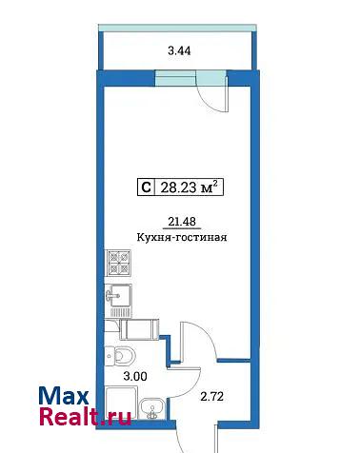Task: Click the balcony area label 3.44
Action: [179, 50]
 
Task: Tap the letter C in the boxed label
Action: [146, 187]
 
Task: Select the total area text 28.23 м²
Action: [190, 187]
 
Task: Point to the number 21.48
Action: [182, 222]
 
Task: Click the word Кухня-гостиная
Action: [182, 237]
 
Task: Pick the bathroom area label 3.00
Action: [135, 377]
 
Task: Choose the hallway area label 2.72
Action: [212, 397]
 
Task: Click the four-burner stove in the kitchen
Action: [118, 263]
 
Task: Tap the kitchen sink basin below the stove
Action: [118, 295]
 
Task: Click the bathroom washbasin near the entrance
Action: [152, 408]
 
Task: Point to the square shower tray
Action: [121, 402]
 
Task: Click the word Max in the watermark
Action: [64, 396]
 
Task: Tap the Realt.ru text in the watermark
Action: [85, 416]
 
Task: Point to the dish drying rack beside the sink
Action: [121, 312]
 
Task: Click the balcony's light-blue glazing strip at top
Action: [177, 28]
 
